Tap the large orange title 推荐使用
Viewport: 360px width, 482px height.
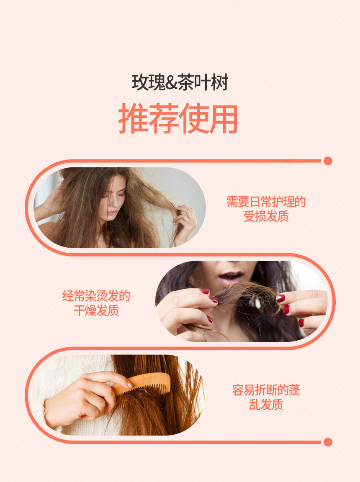pyautogui.click(x=178, y=118)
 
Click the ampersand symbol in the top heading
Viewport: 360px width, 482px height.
pyautogui.click(x=172, y=83)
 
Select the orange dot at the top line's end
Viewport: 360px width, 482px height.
pyautogui.click(x=328, y=161)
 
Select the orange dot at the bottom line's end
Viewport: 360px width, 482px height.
pyautogui.click(x=328, y=442)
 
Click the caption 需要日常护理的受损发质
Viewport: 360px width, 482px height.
pyautogui.click(x=266, y=209)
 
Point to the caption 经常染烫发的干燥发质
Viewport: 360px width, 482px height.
pyautogui.click(x=96, y=303)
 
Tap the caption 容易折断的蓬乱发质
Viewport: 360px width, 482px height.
pyautogui.click(x=266, y=397)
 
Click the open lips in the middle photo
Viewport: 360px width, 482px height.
pyautogui.click(x=231, y=275)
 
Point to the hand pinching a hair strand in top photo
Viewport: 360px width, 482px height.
pyautogui.click(x=185, y=223)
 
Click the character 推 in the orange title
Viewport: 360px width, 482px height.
pyautogui.click(x=133, y=118)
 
